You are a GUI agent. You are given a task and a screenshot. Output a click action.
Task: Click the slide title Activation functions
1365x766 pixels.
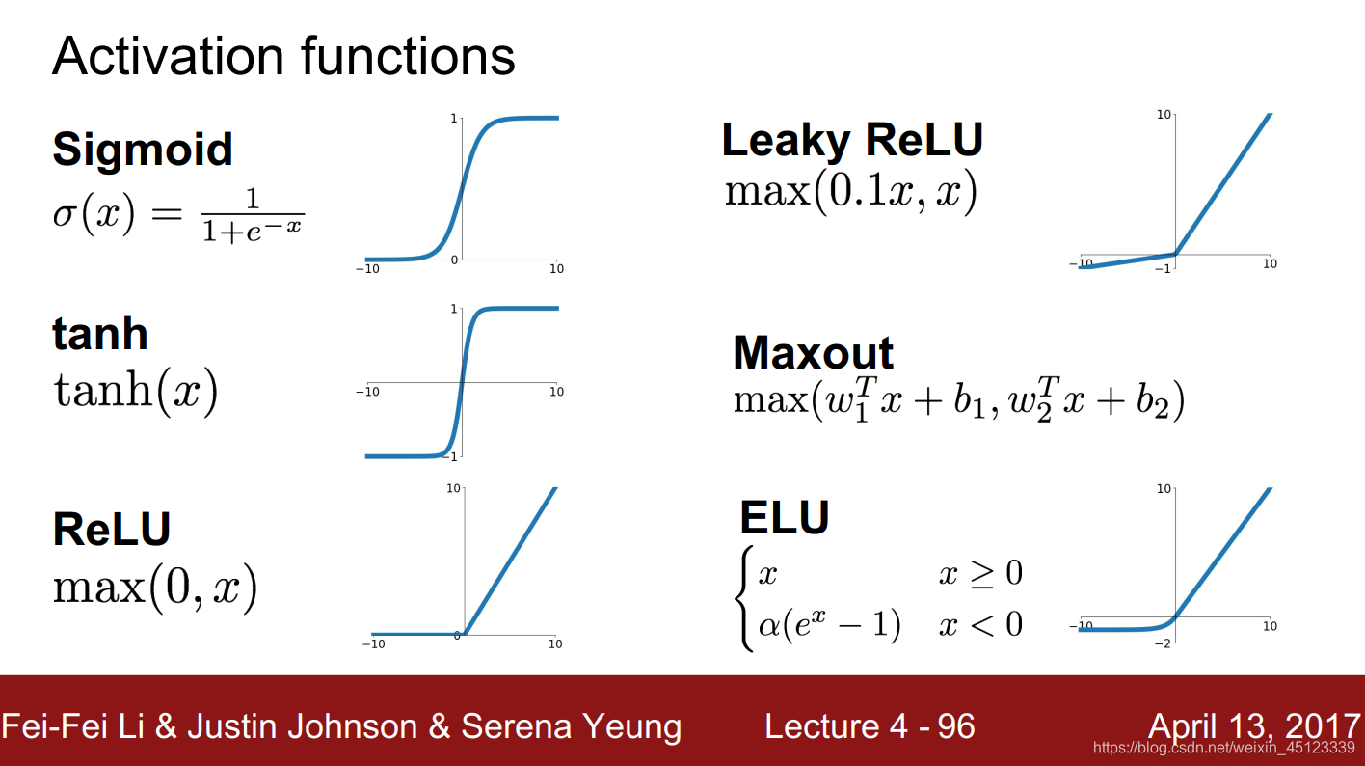point(283,56)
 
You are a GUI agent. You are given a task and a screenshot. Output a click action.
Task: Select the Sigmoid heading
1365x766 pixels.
point(143,150)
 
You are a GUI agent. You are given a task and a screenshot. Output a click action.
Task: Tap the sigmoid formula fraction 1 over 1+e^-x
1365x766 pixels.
point(253,215)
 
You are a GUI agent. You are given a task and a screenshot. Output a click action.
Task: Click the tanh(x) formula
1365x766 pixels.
point(135,392)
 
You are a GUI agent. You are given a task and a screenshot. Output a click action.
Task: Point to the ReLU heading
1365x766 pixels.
point(112,529)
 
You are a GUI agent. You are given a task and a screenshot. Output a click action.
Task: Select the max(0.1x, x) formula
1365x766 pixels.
point(850,191)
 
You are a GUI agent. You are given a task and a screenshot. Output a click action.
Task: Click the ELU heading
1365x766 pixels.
point(785,517)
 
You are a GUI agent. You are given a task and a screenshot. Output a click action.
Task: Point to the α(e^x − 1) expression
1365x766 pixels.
point(829,624)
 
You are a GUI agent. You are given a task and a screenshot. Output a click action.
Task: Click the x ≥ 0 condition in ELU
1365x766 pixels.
point(980,573)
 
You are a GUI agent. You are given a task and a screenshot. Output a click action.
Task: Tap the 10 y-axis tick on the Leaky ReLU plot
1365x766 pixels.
point(1164,114)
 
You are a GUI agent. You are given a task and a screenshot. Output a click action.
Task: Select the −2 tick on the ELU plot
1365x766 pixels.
point(1162,643)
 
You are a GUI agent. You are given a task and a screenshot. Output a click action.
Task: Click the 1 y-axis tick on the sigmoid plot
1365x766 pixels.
point(453,119)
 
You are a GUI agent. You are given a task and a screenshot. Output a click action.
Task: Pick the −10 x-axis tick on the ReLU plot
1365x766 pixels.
point(374,644)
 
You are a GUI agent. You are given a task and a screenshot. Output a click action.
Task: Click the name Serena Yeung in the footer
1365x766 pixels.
point(571,726)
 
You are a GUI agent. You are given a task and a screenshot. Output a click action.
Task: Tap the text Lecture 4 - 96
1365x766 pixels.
point(870,726)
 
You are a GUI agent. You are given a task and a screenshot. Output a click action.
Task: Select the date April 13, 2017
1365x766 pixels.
point(1253,726)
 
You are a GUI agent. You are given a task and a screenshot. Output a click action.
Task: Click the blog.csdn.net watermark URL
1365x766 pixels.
point(1224,748)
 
